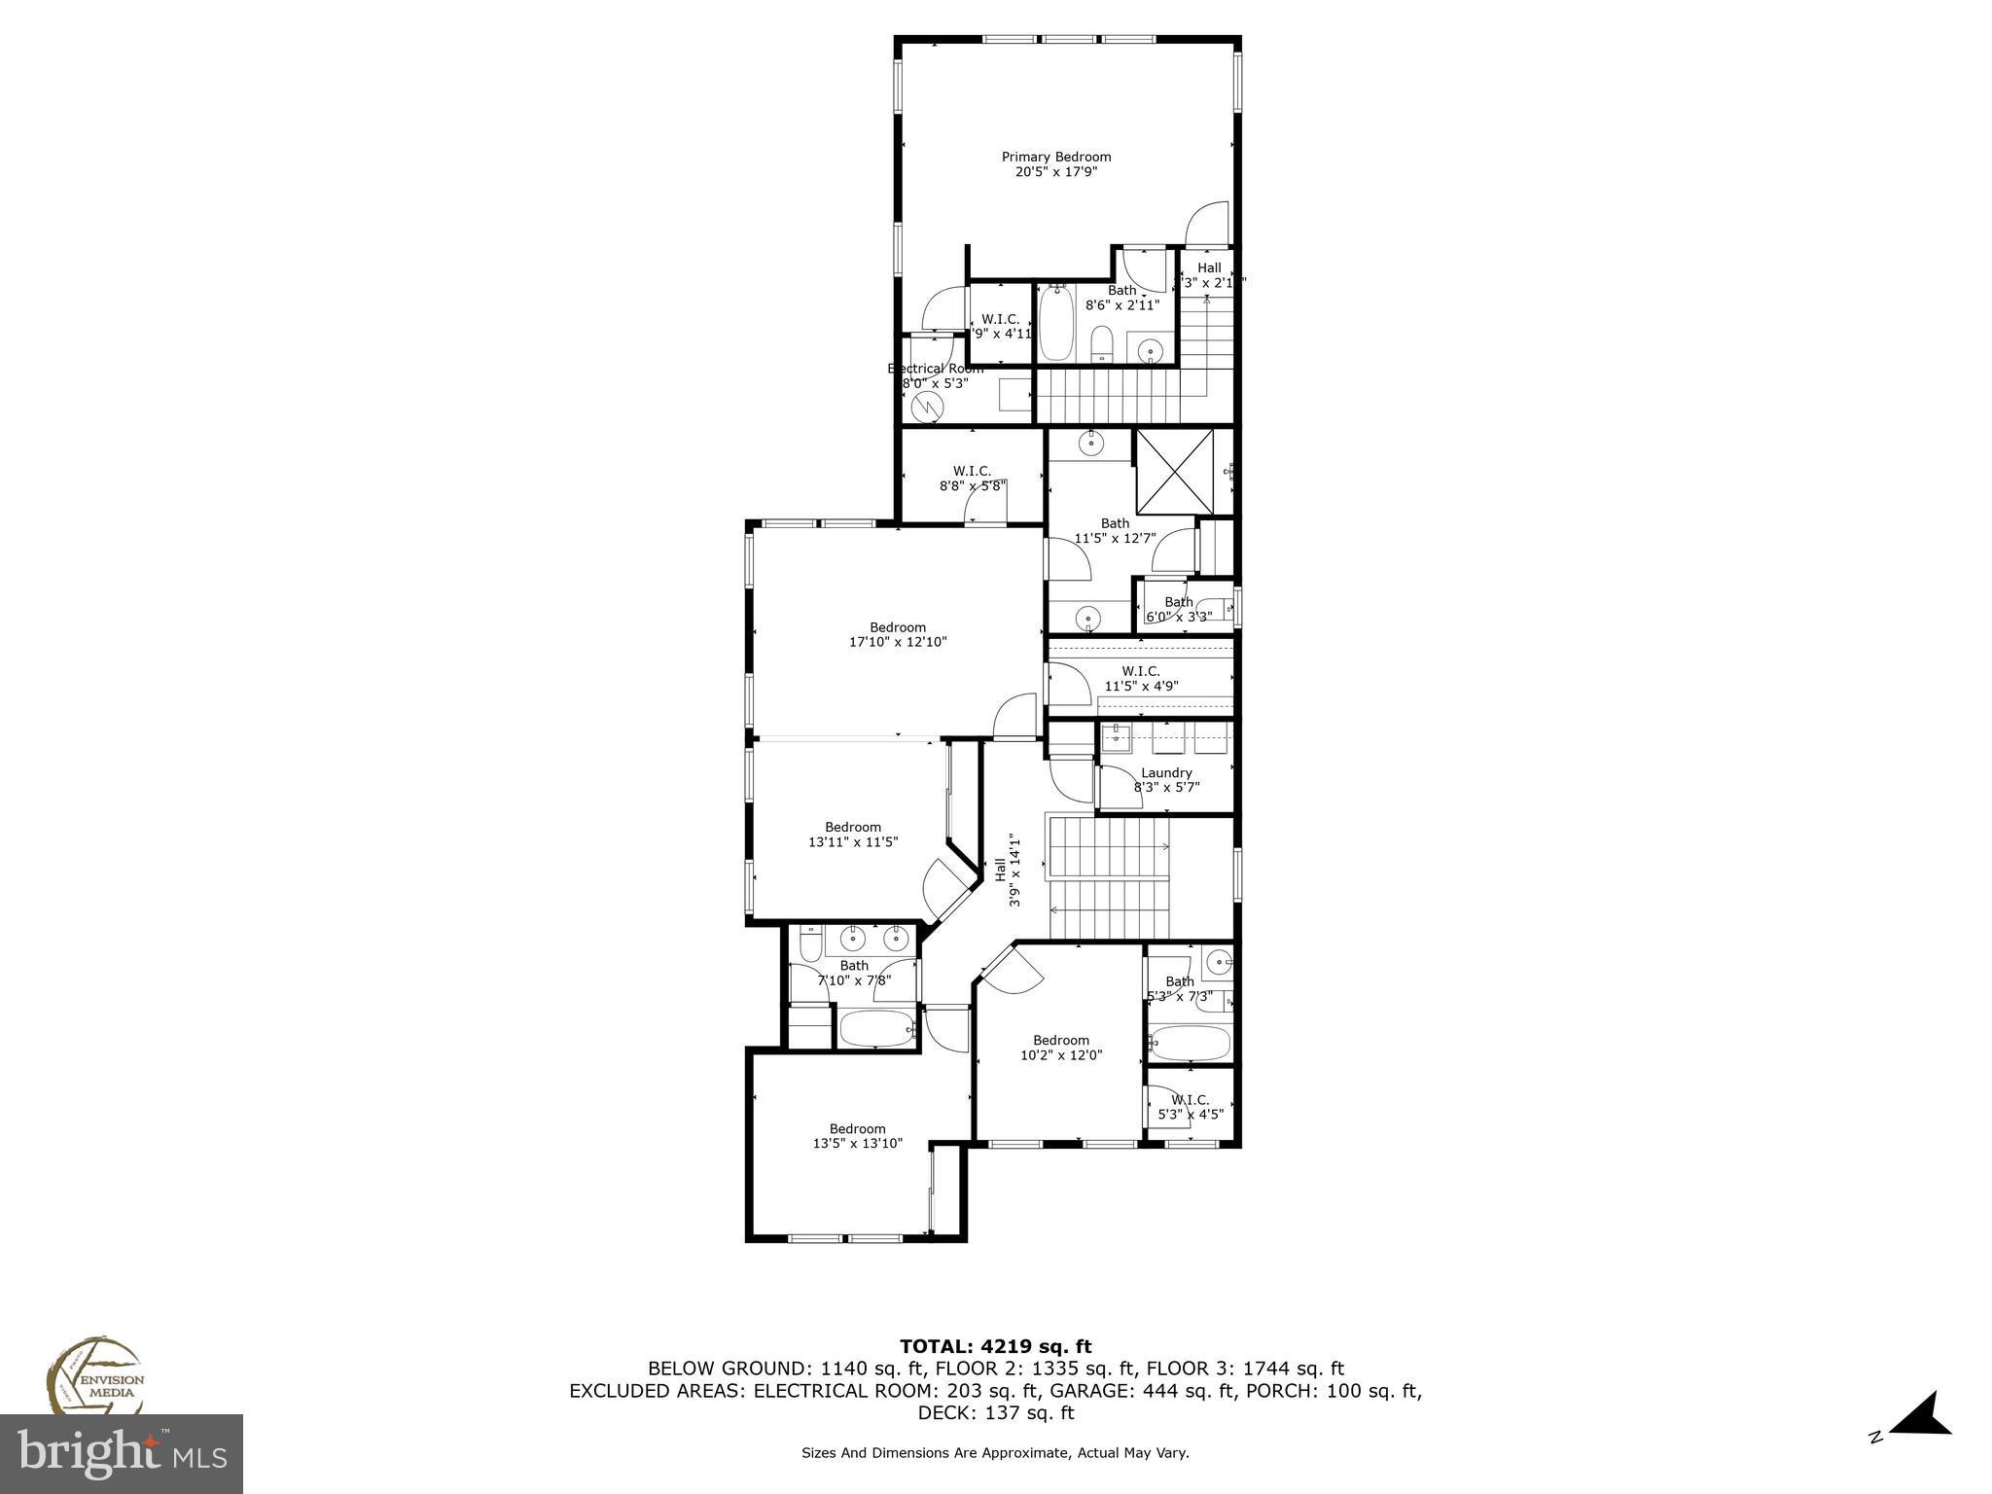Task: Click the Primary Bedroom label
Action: pos(1056,157)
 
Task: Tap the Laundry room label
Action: pos(1166,773)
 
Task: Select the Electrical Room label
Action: pos(935,369)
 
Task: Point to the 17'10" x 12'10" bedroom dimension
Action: pos(898,642)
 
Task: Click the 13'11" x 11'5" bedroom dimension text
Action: pos(853,842)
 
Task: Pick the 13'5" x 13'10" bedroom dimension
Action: pos(857,1144)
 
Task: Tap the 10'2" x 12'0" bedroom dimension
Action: pos(1061,1055)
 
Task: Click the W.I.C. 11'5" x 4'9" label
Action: pos(1141,678)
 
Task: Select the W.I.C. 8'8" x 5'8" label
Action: pos(972,478)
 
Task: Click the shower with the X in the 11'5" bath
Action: pos(1175,472)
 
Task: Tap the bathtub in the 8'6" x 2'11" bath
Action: pos(1056,324)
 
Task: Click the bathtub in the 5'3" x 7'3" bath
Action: pos(1189,1044)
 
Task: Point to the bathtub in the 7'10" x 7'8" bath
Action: pos(876,1029)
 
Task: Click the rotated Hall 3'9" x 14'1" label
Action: pos(1008,869)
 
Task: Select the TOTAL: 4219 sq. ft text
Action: pos(995,1347)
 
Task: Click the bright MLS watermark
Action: pos(122,1455)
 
